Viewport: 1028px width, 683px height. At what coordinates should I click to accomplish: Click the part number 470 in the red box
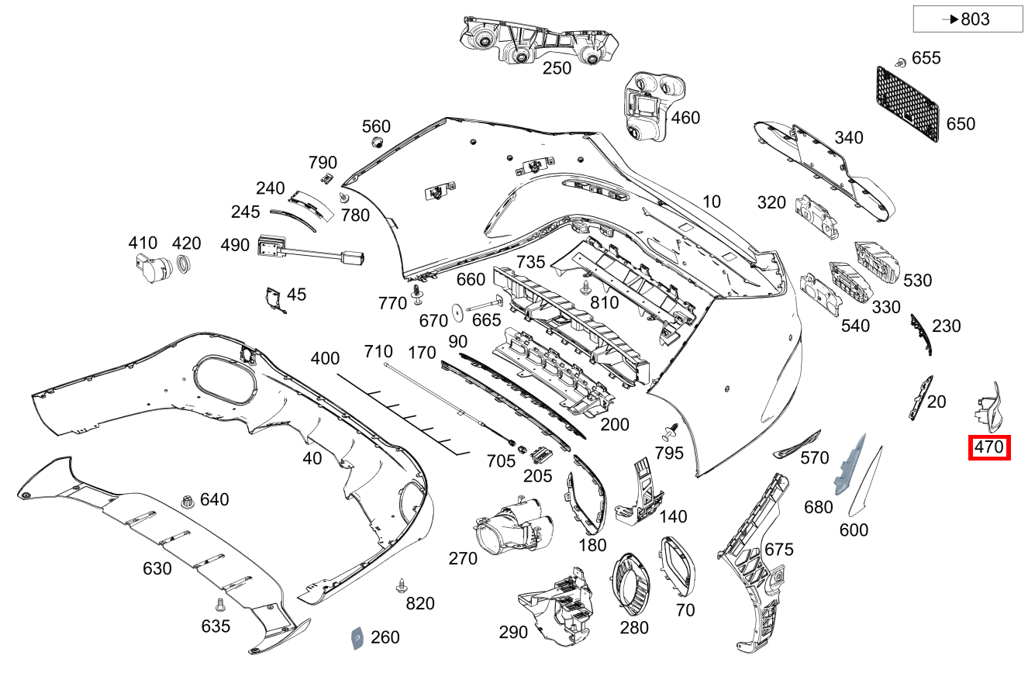[x=989, y=447]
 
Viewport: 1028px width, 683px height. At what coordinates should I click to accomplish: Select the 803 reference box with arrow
[x=968, y=19]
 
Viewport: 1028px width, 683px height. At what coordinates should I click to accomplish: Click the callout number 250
[x=557, y=68]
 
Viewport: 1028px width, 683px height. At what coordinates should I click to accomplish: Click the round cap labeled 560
[x=377, y=143]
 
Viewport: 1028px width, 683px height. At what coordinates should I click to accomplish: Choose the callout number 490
[x=235, y=246]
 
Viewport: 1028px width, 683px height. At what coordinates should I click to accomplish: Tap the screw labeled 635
[x=219, y=603]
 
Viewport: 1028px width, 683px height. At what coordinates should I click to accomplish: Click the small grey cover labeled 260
[x=357, y=637]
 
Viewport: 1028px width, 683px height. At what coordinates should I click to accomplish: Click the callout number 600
[x=854, y=530]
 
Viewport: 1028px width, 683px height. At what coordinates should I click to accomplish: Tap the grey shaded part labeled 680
[x=847, y=464]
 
